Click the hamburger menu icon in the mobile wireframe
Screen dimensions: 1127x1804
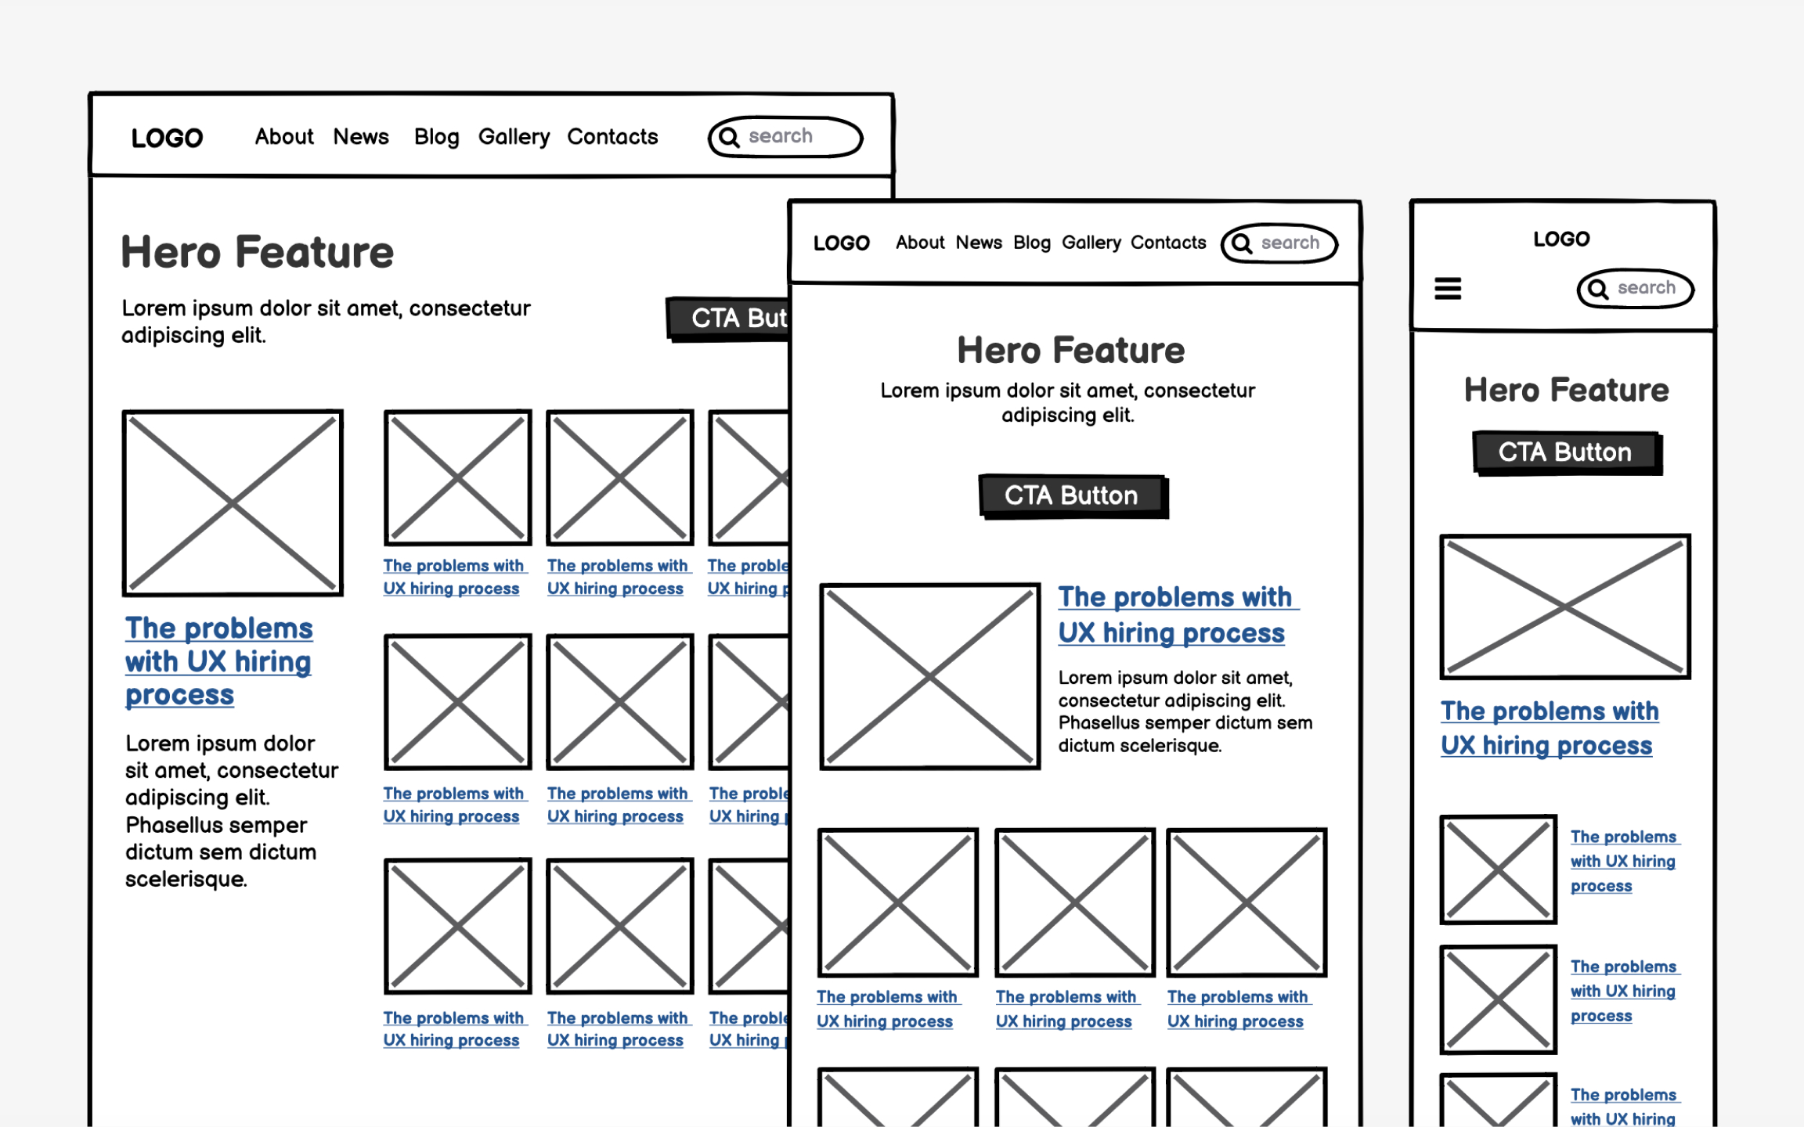pos(1447,289)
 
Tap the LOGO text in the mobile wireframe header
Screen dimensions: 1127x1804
pos(1560,239)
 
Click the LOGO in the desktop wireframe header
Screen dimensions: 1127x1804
pos(167,139)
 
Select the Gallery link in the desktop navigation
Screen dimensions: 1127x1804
pos(514,137)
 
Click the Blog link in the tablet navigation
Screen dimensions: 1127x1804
pos(1031,243)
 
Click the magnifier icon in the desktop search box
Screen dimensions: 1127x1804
pos(729,138)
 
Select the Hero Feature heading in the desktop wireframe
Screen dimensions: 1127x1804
pos(257,253)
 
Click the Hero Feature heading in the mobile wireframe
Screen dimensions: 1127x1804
pos(1566,390)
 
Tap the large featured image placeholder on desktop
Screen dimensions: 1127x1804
pos(233,502)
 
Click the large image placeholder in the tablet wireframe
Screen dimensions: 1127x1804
pos(929,676)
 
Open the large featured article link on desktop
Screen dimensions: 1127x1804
pos(218,661)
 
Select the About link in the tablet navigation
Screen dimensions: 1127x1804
pos(920,243)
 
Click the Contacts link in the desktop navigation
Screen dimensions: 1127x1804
pos(612,137)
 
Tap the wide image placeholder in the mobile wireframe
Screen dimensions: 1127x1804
pos(1564,607)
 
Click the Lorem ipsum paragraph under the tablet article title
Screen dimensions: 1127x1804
pos(1184,711)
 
